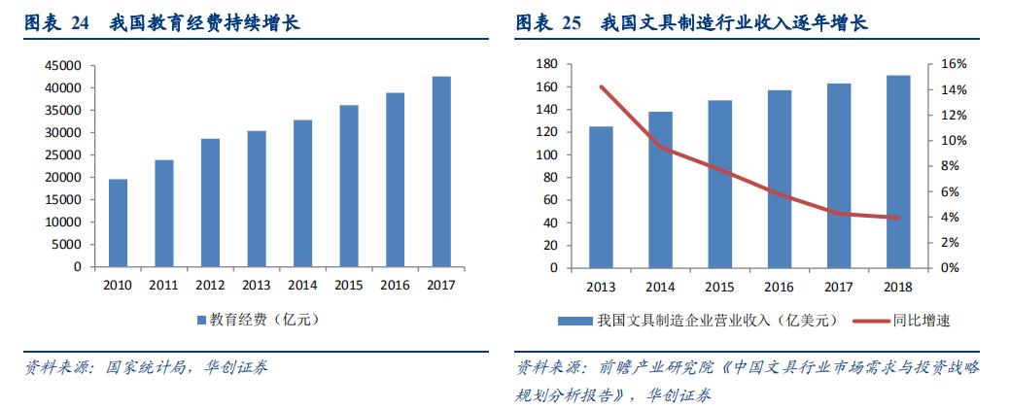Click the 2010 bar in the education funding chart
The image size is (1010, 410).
pos(118,222)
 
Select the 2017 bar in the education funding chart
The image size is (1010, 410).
pos(441,171)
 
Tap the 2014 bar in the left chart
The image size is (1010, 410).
pos(302,193)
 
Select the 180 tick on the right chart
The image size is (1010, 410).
pos(545,64)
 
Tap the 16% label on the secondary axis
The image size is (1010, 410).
pos(954,64)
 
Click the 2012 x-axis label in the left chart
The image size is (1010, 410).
pos(210,285)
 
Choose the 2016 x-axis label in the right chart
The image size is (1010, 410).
pos(779,286)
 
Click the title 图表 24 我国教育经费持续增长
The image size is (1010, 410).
pos(162,22)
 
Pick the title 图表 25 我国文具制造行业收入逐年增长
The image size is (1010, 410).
pos(691,22)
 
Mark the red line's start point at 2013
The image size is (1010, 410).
pos(601,86)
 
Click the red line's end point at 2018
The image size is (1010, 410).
pos(898,218)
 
